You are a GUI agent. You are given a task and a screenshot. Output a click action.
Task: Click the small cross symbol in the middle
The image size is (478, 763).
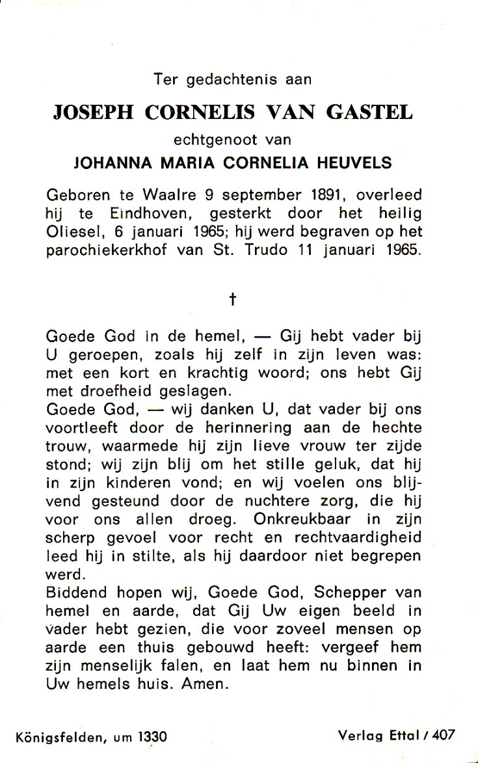click(x=232, y=299)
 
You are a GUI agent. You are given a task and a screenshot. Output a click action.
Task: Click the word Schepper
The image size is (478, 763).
click(x=351, y=593)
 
